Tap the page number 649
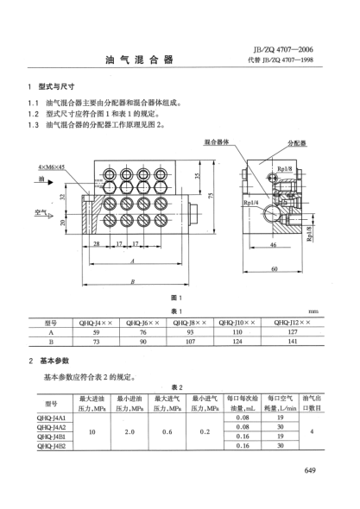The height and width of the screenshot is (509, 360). tap(313, 469)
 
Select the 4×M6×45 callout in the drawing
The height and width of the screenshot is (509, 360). tap(52, 166)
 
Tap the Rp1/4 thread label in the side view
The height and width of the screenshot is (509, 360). tap(227, 204)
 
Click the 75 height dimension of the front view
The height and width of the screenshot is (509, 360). tap(210, 197)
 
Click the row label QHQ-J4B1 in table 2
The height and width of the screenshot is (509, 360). tap(52, 436)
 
